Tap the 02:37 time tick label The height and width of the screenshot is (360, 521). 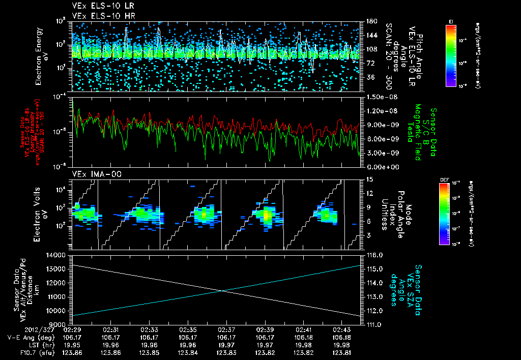pos(226,330)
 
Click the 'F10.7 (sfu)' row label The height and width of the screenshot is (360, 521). pos(24,352)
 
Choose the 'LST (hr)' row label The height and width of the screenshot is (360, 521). pos(33,345)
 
